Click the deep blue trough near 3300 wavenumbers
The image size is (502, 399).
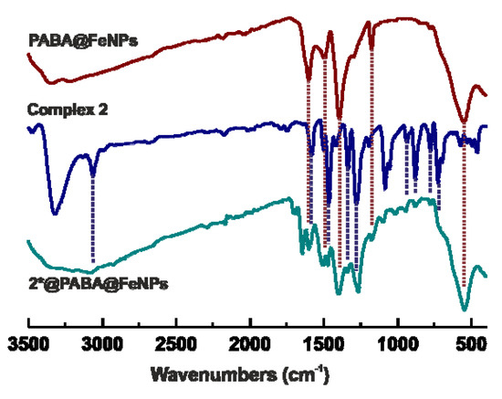[56, 213]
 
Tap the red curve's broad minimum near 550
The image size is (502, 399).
[465, 122]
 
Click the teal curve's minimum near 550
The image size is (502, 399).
[465, 309]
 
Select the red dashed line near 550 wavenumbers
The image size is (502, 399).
[465, 210]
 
